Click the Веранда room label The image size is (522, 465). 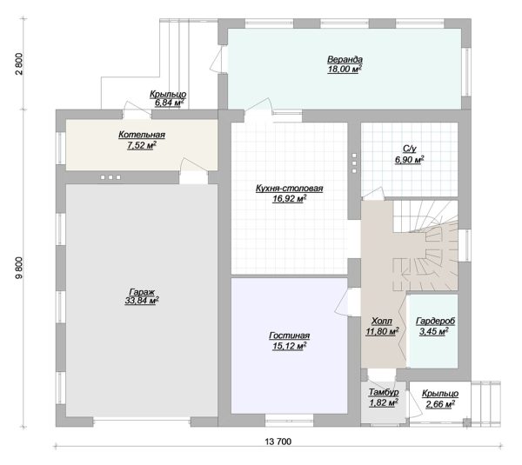coord(345,60)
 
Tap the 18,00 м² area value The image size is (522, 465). coord(345,70)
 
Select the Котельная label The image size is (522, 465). coord(142,135)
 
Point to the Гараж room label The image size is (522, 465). coord(142,292)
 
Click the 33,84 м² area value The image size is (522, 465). coord(142,301)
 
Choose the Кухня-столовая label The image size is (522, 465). coord(290,189)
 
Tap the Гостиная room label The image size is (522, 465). coord(290,336)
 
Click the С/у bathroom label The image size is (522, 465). coord(410,149)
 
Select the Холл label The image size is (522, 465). coord(382,322)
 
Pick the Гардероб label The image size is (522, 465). coord(436,322)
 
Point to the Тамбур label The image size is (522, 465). coord(384,393)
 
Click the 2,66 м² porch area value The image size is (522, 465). coord(440,404)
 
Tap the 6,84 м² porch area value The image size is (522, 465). coord(168,103)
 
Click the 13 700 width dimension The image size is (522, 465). coord(278,442)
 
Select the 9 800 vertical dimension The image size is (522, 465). coord(19,268)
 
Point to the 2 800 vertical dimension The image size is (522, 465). coord(19,63)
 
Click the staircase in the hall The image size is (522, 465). coord(426,246)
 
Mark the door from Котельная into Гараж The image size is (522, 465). coord(194,170)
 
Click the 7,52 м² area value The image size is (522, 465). coord(142,145)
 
